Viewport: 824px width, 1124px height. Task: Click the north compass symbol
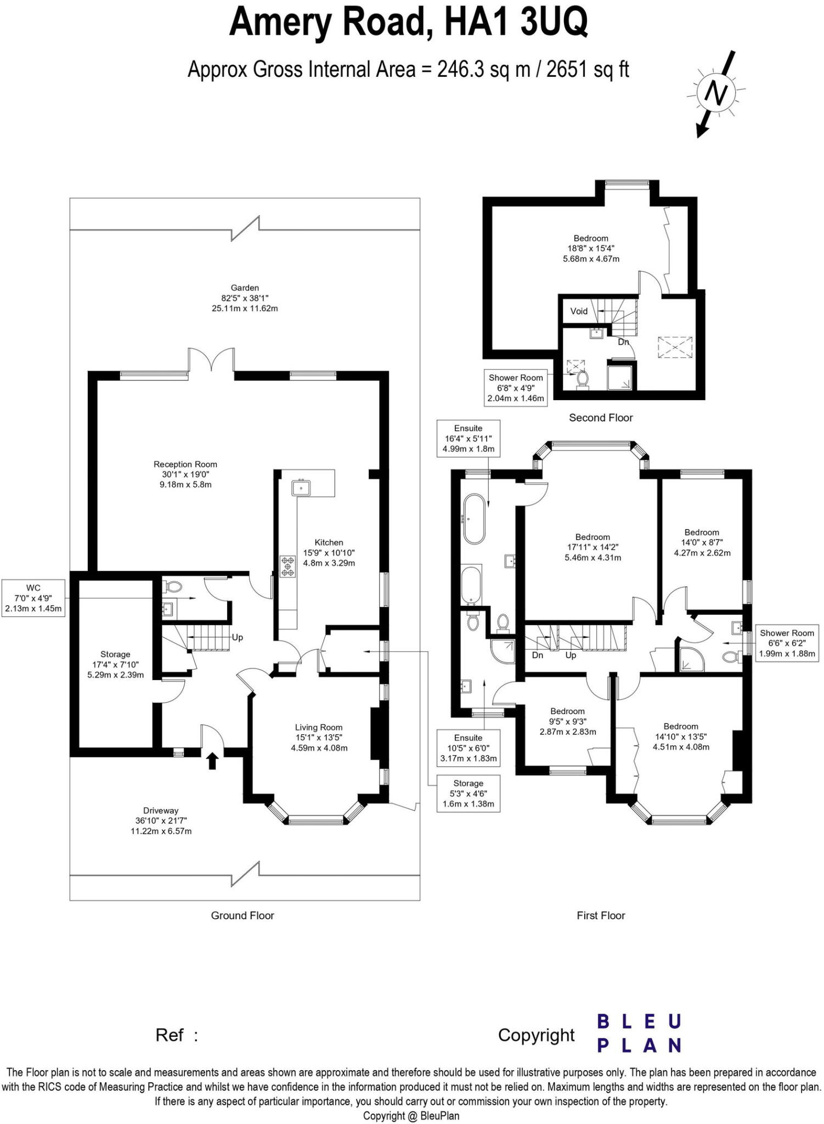click(x=716, y=94)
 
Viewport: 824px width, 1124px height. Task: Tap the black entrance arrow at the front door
click(x=212, y=761)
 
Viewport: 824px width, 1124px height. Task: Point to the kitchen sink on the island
click(x=301, y=487)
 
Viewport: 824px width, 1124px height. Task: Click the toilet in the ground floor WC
click(x=173, y=587)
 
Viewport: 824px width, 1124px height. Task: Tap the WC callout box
click(x=33, y=598)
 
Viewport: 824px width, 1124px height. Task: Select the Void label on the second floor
click(x=579, y=311)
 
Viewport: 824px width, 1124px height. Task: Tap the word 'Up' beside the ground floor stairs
click(x=237, y=638)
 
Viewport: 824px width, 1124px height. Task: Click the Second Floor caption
click(x=601, y=418)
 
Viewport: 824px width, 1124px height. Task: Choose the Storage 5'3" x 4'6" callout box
click(x=468, y=794)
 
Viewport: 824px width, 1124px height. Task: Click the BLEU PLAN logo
click(x=639, y=1033)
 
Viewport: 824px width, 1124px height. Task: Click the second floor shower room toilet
click(x=583, y=379)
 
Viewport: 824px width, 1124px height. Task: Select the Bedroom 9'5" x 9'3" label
click(x=568, y=721)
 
